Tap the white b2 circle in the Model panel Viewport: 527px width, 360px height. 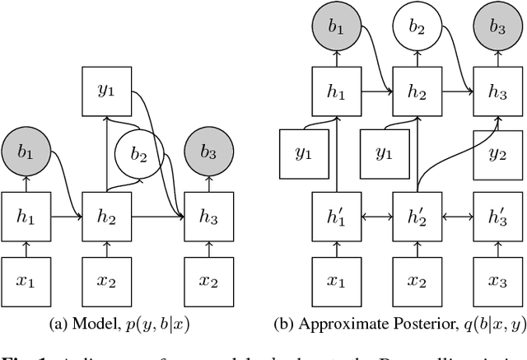[138, 153]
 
